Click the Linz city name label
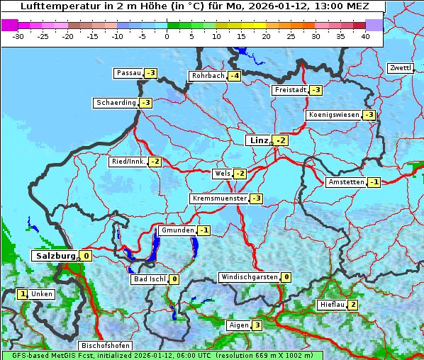258,140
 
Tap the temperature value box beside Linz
281,140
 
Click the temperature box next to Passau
150,73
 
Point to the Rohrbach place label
207,76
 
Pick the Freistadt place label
289,90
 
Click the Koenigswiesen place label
333,115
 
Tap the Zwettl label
400,68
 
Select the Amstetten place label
345,182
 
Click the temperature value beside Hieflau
352,305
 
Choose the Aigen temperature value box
257,325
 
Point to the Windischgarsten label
249,277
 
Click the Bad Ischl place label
149,279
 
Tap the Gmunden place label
177,230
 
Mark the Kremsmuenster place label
219,198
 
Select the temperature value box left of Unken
23,293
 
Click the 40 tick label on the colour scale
364,36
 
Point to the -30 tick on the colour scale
18,36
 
